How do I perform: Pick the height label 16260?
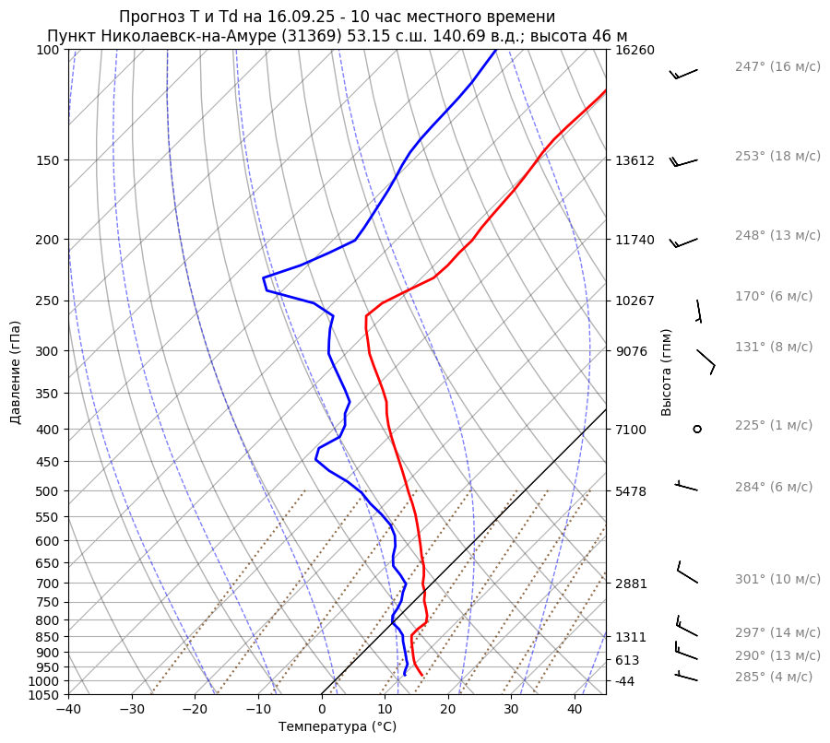pos(634,50)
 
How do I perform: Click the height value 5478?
pos(631,491)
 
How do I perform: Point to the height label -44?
pos(625,681)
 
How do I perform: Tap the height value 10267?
pos(634,301)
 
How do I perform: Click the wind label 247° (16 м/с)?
pos(777,66)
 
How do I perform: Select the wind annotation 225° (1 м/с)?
pos(774,425)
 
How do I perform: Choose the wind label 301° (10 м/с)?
pos(777,579)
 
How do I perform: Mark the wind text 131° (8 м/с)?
pos(774,347)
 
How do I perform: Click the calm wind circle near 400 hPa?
pos(697,429)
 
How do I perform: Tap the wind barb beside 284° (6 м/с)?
pos(687,485)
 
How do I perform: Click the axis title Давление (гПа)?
pos(16,372)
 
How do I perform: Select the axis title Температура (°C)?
pos(338,727)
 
